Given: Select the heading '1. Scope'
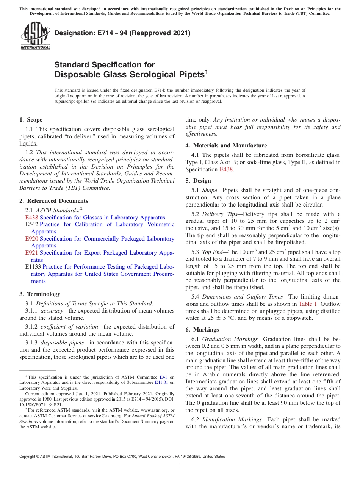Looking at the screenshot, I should (31, 120).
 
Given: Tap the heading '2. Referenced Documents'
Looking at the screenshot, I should (53, 201).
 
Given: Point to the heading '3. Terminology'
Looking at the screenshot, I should (39, 294).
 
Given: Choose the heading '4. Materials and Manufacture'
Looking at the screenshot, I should (226, 146).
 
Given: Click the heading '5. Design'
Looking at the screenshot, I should (198, 181).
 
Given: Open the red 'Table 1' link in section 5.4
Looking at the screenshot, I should (308, 304).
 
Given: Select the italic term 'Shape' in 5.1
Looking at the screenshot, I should (210, 191).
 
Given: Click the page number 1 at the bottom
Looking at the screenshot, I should (180, 465).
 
